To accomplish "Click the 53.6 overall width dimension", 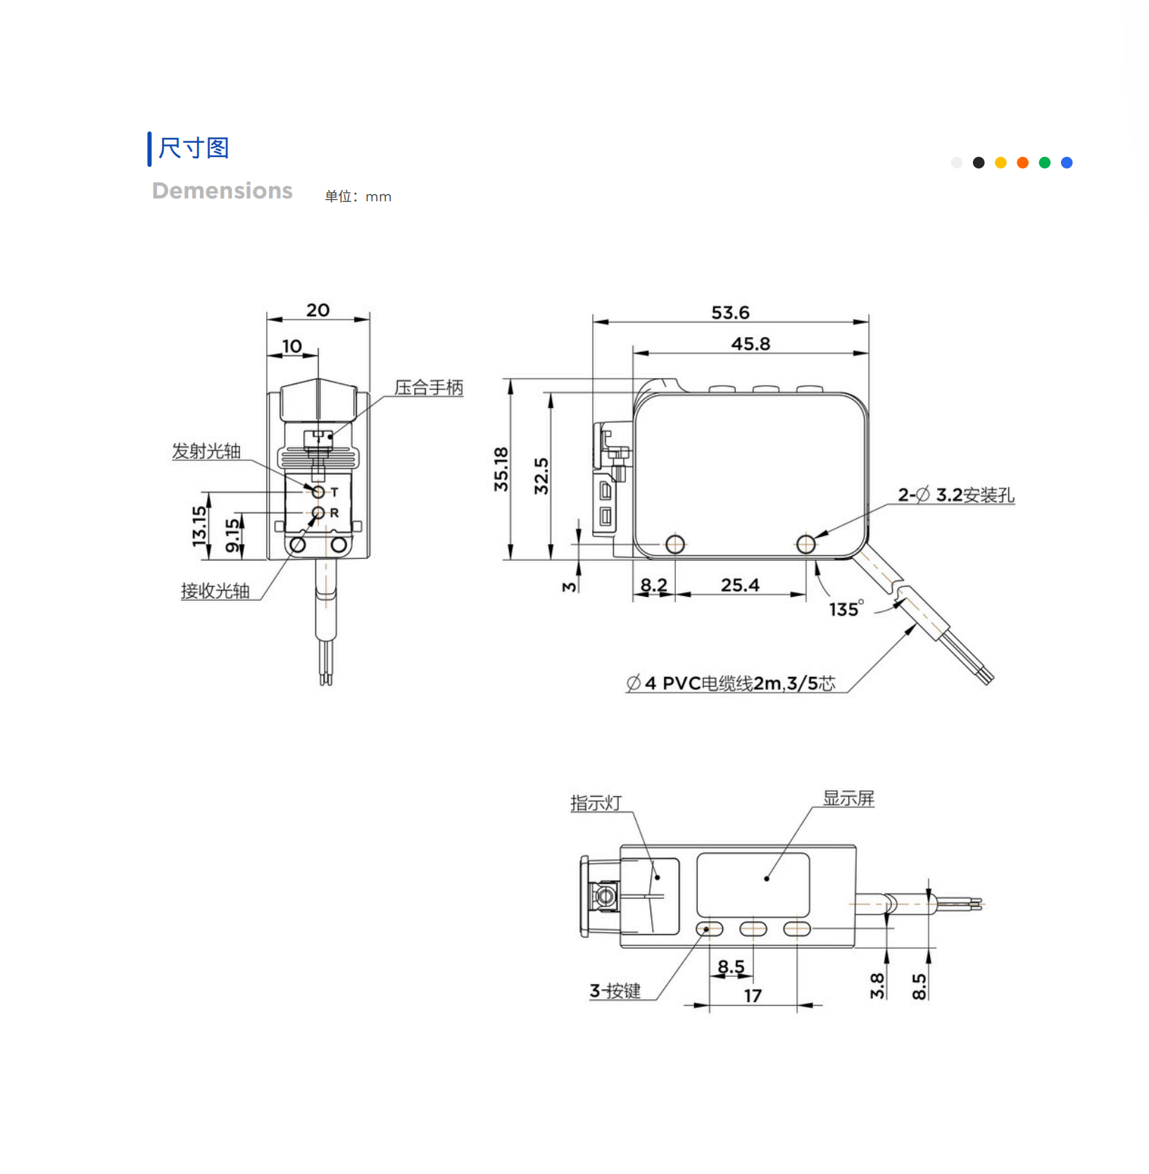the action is tap(730, 313).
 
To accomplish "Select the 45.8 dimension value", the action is tap(751, 343).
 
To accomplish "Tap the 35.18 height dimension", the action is tap(501, 469).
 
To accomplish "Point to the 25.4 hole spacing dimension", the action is tap(740, 585).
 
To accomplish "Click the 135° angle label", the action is tap(846, 609).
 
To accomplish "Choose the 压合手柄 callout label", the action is tap(429, 388).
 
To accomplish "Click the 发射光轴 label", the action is tap(206, 451).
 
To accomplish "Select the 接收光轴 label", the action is tap(215, 591).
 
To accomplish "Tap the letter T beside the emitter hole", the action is tap(334, 493).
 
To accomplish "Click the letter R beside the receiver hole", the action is tap(334, 513).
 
